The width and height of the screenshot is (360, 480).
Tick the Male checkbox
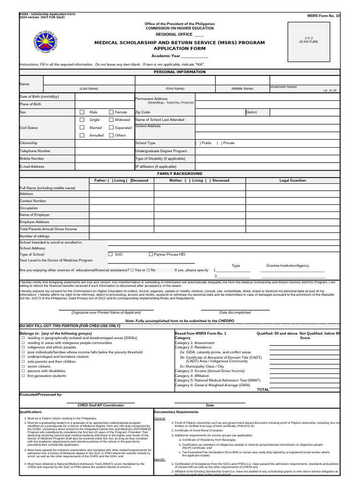click(82, 112)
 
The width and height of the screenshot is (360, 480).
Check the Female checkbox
click(112, 112)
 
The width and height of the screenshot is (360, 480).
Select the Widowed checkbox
click(112, 120)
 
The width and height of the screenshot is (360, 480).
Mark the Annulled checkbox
click(82, 135)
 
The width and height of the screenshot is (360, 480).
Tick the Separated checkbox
click(112, 127)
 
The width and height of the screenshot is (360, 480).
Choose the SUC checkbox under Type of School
click(111, 254)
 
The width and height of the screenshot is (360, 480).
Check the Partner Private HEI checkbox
click(151, 254)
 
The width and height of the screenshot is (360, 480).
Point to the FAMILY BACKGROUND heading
click(180, 174)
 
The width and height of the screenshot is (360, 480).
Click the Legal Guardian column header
click(292, 180)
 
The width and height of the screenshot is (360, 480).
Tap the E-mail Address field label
click(32, 166)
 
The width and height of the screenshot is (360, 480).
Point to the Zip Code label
click(142, 112)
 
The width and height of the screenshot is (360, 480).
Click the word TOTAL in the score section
click(263, 390)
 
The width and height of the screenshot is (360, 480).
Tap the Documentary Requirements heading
click(173, 412)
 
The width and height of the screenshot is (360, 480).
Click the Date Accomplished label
click(235, 313)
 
